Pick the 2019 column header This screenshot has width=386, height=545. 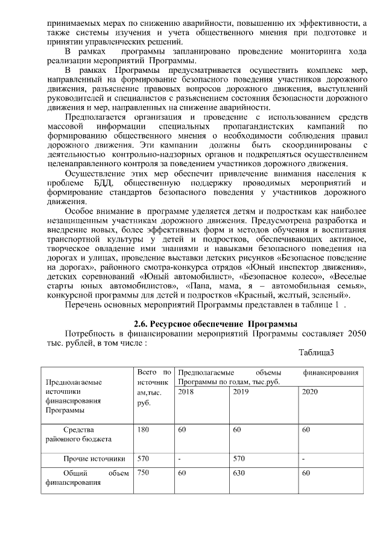[241, 391]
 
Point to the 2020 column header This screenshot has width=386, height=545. [309, 391]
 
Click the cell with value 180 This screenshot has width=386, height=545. [143, 429]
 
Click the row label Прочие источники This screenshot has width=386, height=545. [94, 458]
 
